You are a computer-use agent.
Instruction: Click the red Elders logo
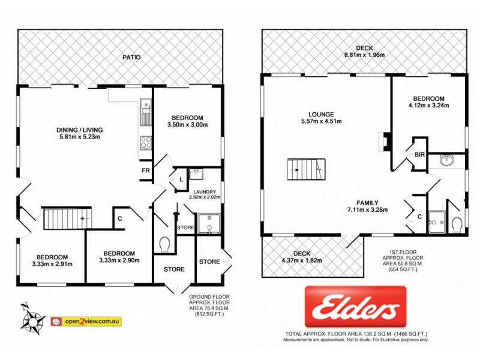pos(356,307)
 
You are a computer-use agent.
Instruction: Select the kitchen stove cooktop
pos(145,143)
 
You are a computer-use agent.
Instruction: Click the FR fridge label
pos(145,170)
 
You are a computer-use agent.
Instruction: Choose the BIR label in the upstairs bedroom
pos(419,154)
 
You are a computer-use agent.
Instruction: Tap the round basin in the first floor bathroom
pos(447,161)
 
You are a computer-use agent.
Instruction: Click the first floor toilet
pos(457,224)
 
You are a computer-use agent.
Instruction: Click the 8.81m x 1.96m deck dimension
pos(364,55)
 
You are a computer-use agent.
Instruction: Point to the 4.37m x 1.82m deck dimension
pos(302,260)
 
